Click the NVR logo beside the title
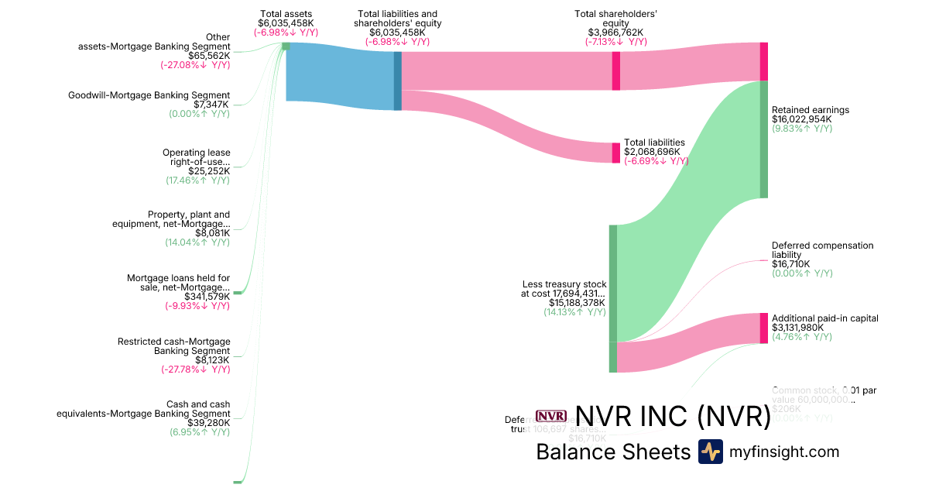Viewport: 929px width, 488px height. [551, 417]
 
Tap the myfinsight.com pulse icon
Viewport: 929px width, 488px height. [710, 452]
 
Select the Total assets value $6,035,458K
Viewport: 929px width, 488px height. [286, 23]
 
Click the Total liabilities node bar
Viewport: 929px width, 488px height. [616, 153]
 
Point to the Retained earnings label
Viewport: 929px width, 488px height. [810, 110]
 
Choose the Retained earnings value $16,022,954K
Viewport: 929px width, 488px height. [801, 119]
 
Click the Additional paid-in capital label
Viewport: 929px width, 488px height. [824, 318]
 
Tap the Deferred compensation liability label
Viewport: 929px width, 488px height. [822, 250]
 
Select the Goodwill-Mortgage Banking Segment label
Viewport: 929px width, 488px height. [149, 95]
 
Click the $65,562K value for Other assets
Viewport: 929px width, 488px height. [209, 56]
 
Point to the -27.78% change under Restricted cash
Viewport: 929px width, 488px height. [195, 369]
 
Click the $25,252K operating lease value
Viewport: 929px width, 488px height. [209, 171]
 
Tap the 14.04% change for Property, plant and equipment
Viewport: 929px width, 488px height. [197, 242]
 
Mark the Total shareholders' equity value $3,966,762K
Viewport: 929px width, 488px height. [615, 33]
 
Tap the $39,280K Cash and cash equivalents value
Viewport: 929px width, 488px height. [209, 423]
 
